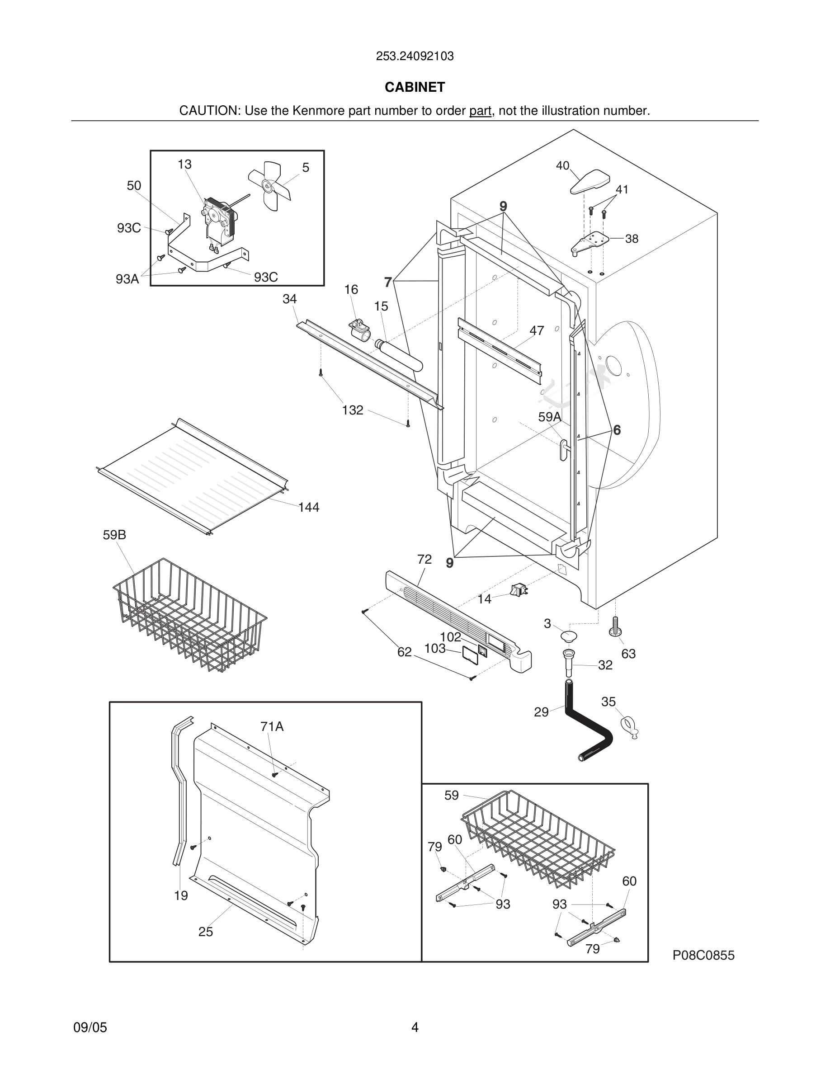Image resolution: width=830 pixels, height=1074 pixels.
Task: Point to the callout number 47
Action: point(537,330)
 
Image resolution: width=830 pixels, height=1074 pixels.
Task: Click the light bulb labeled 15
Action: point(399,354)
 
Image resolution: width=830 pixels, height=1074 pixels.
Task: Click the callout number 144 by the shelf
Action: point(308,507)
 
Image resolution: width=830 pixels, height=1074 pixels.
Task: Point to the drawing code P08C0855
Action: point(703,955)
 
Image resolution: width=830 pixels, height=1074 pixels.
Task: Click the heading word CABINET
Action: point(415,87)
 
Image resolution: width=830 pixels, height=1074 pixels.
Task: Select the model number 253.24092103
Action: point(415,56)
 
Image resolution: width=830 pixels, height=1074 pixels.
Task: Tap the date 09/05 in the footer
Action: point(90,1027)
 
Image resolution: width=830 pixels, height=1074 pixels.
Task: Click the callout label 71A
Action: point(272,726)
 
